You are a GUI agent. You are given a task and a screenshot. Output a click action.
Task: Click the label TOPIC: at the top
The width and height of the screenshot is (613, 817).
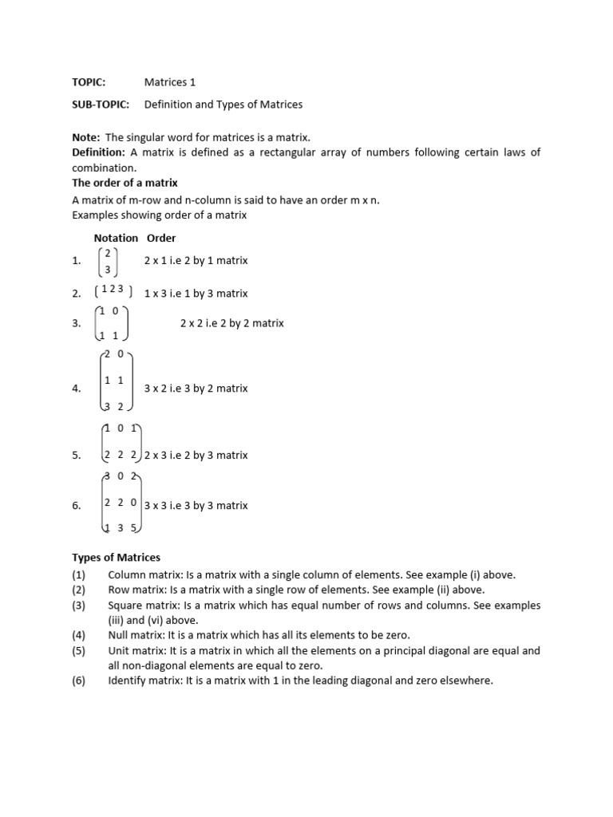(89, 82)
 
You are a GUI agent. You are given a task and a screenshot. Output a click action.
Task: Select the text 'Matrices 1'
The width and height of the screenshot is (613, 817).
(169, 82)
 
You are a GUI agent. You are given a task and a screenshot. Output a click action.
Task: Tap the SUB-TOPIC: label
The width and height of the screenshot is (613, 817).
(100, 105)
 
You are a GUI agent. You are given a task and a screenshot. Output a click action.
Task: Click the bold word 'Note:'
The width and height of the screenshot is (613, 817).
(86, 137)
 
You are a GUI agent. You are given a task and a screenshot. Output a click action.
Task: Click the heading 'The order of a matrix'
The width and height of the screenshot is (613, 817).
(125, 183)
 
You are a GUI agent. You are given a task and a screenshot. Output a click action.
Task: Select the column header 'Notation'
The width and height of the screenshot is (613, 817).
(116, 238)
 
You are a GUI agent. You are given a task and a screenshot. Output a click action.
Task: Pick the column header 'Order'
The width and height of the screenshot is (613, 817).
(161, 238)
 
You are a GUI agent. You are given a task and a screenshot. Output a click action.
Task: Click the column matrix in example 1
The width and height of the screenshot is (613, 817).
(108, 261)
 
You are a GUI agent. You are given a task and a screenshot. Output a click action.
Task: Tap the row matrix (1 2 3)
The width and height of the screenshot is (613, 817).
(113, 293)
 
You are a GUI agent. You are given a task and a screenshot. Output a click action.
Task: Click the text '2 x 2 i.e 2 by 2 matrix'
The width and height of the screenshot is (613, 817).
(232, 323)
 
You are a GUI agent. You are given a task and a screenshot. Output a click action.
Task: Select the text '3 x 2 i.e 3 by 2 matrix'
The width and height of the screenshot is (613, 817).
(196, 389)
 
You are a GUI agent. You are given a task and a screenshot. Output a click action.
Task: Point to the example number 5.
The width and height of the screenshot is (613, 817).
(77, 456)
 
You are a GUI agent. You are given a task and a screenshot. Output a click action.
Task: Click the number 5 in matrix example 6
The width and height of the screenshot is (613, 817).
(134, 528)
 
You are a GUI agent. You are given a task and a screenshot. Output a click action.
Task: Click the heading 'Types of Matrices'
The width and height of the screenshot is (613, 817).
(117, 557)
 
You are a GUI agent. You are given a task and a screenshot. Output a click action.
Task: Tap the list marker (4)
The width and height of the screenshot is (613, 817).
(78, 635)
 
